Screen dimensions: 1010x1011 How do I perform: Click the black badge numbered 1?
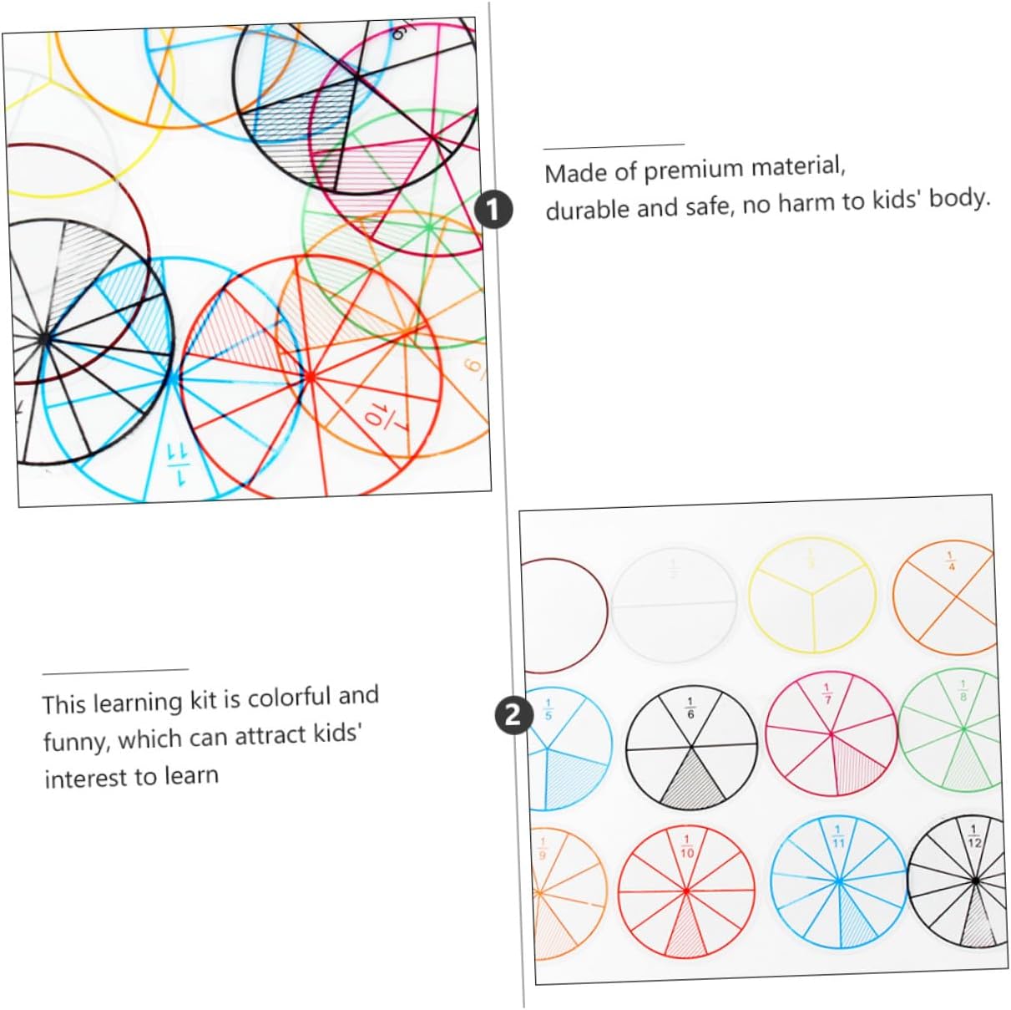(x=493, y=210)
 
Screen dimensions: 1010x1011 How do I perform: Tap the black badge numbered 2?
(x=513, y=716)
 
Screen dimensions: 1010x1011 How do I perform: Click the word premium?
(x=695, y=170)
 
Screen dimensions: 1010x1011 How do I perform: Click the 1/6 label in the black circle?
(x=690, y=708)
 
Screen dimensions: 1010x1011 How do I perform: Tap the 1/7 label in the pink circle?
(x=826, y=693)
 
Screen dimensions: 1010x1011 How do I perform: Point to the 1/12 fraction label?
(x=973, y=836)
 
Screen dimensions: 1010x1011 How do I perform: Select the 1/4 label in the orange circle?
(x=950, y=561)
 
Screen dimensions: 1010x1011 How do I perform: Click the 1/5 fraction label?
(x=548, y=708)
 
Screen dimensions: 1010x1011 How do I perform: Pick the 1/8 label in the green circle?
(x=963, y=691)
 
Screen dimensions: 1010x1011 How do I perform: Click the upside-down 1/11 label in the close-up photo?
(x=178, y=464)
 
